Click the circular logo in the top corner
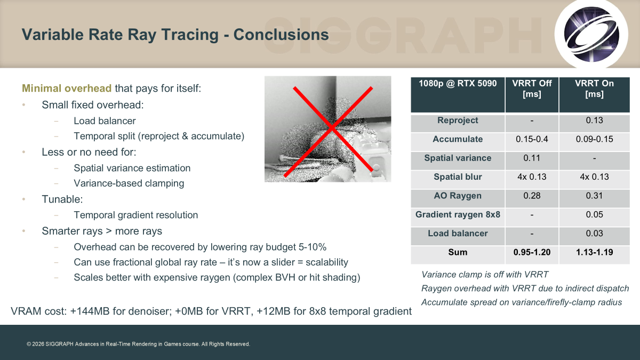(x=591, y=34)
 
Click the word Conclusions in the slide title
(x=281, y=35)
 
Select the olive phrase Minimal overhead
(x=67, y=89)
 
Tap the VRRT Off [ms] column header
(x=532, y=89)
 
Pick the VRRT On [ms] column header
(x=594, y=89)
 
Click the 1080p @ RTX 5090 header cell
(x=458, y=83)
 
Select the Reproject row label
(x=458, y=121)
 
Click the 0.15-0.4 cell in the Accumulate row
(x=532, y=139)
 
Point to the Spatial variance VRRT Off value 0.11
(x=532, y=158)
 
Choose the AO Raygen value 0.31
(x=594, y=196)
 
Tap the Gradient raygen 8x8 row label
(x=458, y=214)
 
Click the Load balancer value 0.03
(x=594, y=234)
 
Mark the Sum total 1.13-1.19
(x=594, y=252)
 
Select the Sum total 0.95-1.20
(x=532, y=252)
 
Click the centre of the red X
(x=331, y=129)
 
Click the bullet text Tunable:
(x=62, y=199)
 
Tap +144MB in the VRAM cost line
(x=90, y=311)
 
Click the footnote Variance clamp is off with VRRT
(x=485, y=275)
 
